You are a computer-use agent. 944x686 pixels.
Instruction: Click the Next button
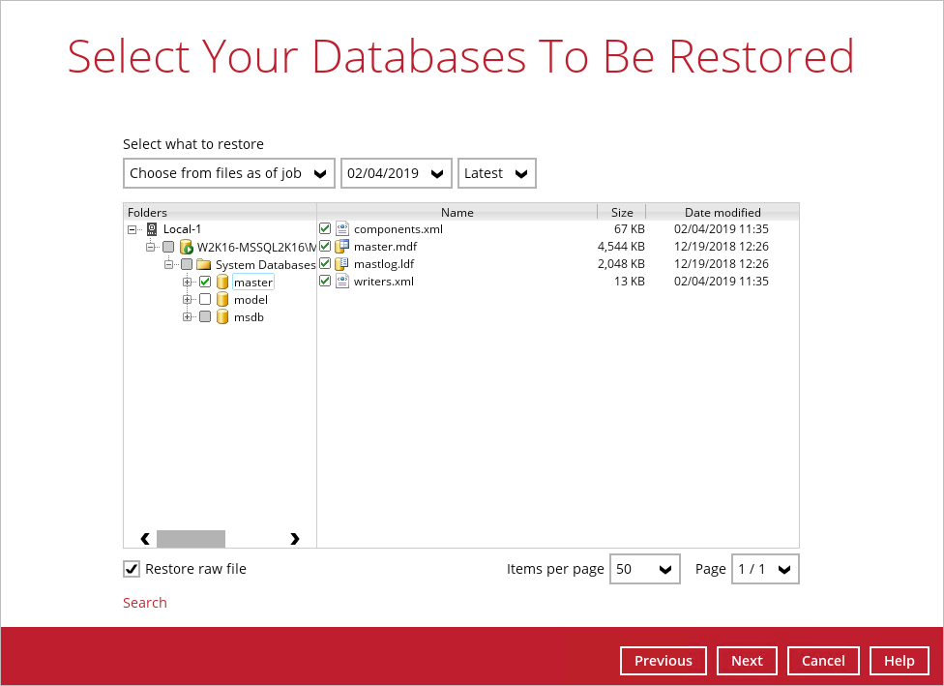pyautogui.click(x=747, y=661)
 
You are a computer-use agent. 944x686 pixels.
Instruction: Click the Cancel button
pyautogui.click(x=823, y=661)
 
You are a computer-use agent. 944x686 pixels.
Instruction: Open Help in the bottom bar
pyautogui.click(x=899, y=661)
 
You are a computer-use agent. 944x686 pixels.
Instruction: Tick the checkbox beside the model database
pyautogui.click(x=205, y=299)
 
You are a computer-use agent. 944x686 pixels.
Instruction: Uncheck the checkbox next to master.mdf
pyautogui.click(x=325, y=246)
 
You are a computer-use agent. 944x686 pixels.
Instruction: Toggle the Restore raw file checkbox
pyautogui.click(x=132, y=569)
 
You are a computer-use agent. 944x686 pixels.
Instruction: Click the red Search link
pyautogui.click(x=144, y=602)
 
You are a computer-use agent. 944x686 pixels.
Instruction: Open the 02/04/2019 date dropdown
pyautogui.click(x=397, y=173)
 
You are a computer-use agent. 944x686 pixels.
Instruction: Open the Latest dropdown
pyautogui.click(x=497, y=173)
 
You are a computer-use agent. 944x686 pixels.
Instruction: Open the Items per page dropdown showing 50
pyautogui.click(x=645, y=569)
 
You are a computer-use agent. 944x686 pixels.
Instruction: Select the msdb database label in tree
pyautogui.click(x=249, y=316)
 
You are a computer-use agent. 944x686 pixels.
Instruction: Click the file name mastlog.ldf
pyautogui.click(x=384, y=264)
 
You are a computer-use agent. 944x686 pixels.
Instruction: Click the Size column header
pyautogui.click(x=622, y=212)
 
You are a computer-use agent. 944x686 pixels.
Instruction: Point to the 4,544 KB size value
pyautogui.click(x=621, y=247)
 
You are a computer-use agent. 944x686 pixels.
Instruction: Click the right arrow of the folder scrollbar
pyautogui.click(x=294, y=538)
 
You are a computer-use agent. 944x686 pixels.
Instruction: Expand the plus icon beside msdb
pyautogui.click(x=188, y=316)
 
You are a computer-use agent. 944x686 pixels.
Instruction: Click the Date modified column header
pyautogui.click(x=723, y=212)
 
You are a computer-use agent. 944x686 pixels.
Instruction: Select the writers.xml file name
pyautogui.click(x=383, y=282)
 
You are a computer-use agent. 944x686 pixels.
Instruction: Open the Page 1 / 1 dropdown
pyautogui.click(x=765, y=569)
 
